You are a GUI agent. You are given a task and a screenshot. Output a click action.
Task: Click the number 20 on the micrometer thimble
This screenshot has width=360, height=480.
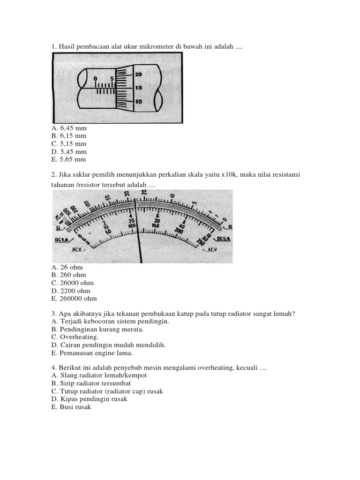pyautogui.click(x=139, y=74)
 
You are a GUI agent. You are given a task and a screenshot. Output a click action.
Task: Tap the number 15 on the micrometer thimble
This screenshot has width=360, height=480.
pyautogui.click(x=139, y=88)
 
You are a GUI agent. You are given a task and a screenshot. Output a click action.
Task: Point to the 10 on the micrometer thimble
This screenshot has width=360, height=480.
pyautogui.click(x=139, y=102)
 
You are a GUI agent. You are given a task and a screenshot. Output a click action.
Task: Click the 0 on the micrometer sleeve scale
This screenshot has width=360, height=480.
pyautogui.click(x=96, y=78)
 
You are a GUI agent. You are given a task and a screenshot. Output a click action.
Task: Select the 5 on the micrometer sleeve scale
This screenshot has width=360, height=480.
pyautogui.click(x=112, y=78)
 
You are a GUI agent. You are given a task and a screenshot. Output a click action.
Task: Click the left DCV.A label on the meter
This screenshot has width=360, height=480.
pyautogui.click(x=60, y=240)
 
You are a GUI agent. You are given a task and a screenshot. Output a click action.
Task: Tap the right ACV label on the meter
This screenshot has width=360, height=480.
pyautogui.click(x=212, y=249)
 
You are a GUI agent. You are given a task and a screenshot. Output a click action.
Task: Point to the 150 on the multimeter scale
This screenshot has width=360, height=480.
pyautogui.click(x=156, y=225)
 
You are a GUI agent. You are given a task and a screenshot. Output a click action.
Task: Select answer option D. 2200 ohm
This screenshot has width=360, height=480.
pyautogui.click(x=70, y=291)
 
